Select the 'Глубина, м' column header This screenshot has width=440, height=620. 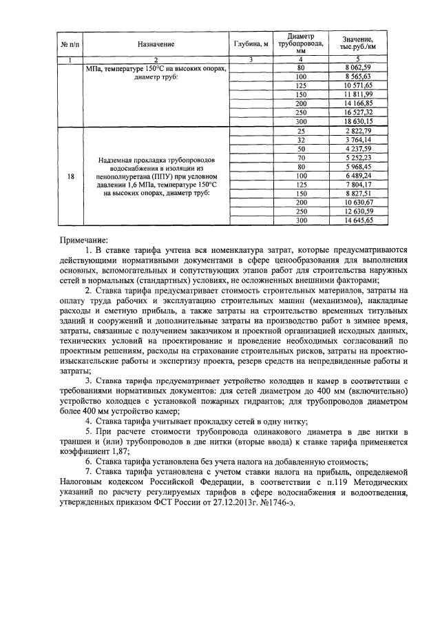pyautogui.click(x=251, y=44)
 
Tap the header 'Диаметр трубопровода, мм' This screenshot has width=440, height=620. pyautogui.click(x=300, y=43)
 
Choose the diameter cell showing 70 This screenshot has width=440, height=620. pyautogui.click(x=300, y=158)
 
